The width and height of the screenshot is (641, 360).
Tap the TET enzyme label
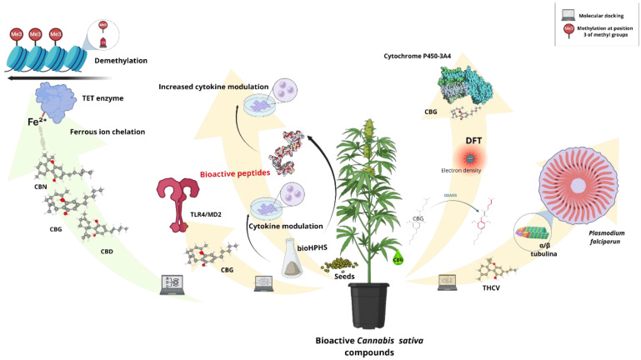[x=103, y=98]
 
